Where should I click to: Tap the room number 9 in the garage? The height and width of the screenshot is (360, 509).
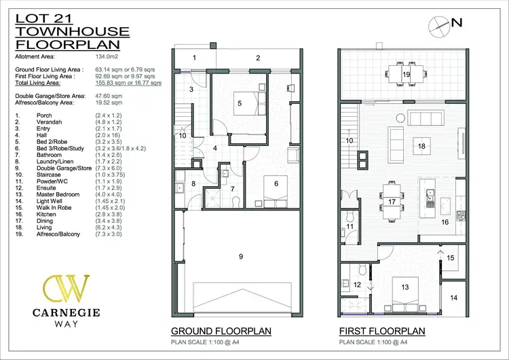240,255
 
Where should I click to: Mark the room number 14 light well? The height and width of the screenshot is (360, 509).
454,298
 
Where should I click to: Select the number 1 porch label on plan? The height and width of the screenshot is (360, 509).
194,58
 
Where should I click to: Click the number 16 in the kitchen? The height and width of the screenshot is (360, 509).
446,221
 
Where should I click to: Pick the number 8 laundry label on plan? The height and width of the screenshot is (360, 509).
193,183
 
